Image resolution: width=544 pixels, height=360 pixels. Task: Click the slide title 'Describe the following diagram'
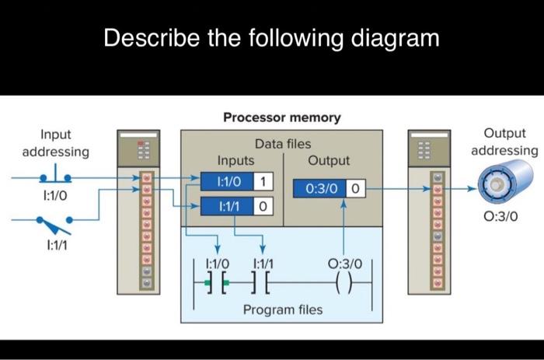click(x=271, y=38)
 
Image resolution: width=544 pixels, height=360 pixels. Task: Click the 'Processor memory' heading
click(x=281, y=117)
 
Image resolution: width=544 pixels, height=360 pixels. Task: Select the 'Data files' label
click(x=282, y=144)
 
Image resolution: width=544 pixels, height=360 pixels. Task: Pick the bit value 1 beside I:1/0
click(x=263, y=181)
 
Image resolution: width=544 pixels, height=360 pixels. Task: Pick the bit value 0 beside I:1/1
click(x=263, y=207)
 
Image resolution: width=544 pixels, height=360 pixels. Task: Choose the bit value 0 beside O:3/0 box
click(x=355, y=189)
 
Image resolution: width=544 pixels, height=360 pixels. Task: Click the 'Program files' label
click(x=282, y=309)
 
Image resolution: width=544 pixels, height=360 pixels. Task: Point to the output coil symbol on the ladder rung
click(x=343, y=285)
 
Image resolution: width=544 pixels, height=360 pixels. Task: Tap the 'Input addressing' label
click(x=55, y=143)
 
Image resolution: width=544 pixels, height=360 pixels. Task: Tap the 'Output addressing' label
click(x=504, y=142)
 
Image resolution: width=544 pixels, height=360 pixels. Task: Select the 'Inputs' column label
click(x=235, y=160)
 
